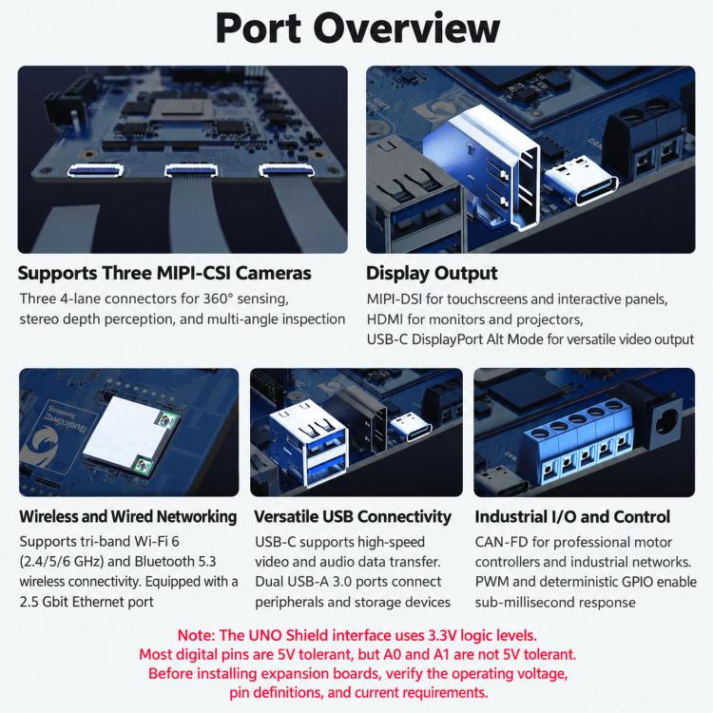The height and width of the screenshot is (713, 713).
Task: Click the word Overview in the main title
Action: [407, 29]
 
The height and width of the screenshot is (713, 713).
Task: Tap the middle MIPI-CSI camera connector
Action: [191, 170]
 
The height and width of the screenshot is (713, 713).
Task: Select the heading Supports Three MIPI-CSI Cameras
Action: [164, 273]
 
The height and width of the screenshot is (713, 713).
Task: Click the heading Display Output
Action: [432, 273]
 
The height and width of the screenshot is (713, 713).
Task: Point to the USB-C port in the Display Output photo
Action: [581, 180]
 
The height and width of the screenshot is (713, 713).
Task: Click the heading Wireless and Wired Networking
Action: [128, 516]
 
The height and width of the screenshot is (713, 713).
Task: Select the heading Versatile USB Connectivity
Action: [353, 516]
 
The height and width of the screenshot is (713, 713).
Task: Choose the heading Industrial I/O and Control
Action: [572, 516]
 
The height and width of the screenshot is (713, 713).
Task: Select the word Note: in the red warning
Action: [196, 635]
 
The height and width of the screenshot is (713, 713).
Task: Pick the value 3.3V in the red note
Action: [443, 635]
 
